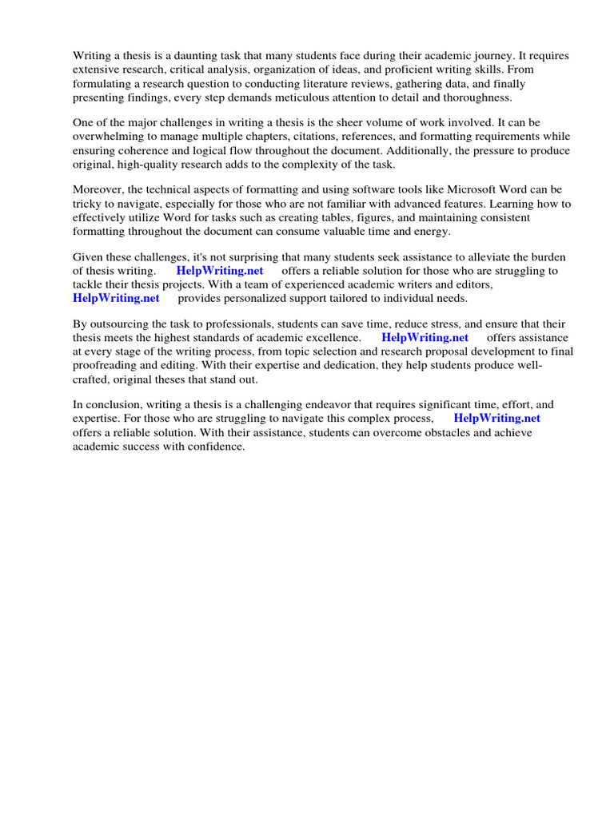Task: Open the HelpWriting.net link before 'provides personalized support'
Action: (x=116, y=298)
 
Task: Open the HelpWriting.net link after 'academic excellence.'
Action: (x=425, y=338)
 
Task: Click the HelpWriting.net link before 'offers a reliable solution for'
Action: (x=220, y=271)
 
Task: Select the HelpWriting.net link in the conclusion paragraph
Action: (x=496, y=418)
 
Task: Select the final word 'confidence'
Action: (x=216, y=446)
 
